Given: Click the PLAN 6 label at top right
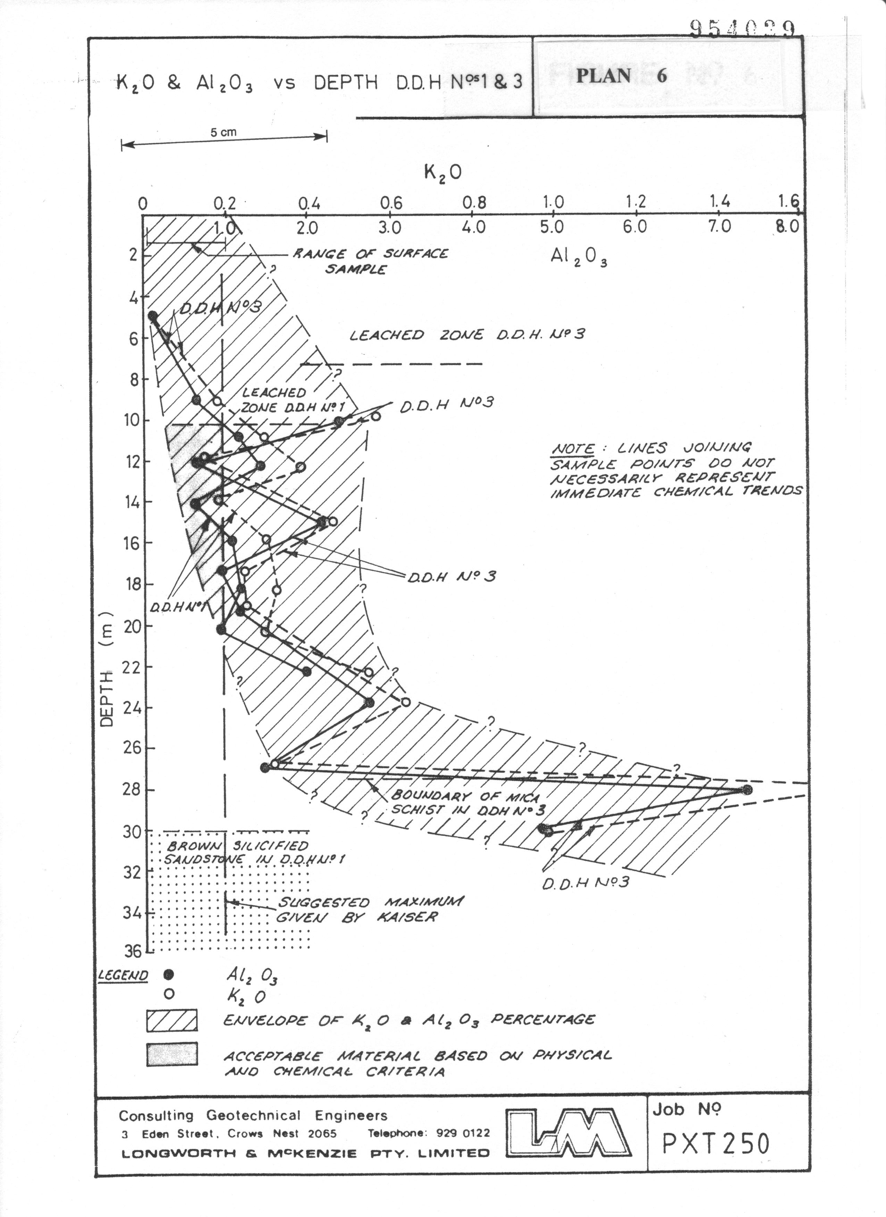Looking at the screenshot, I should point(621,76).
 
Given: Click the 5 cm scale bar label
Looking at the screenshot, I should point(223,133).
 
